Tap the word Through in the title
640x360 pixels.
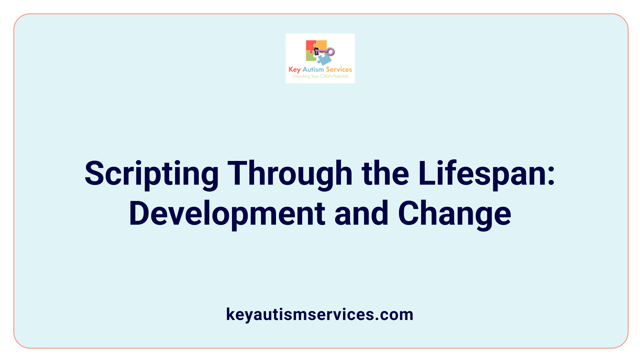click(x=290, y=174)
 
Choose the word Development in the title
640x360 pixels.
click(x=227, y=214)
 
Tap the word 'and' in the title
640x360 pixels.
click(x=361, y=213)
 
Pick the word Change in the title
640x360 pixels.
click(x=454, y=214)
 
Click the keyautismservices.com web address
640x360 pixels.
click(x=320, y=314)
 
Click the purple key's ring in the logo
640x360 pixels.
click(x=330, y=52)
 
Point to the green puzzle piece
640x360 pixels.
click(x=311, y=57)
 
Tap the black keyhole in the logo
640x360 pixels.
click(x=317, y=51)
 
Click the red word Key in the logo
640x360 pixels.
click(x=294, y=70)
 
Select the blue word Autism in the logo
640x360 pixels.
click(x=313, y=69)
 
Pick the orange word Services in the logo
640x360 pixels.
click(x=339, y=69)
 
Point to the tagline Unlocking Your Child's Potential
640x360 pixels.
click(x=320, y=76)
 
